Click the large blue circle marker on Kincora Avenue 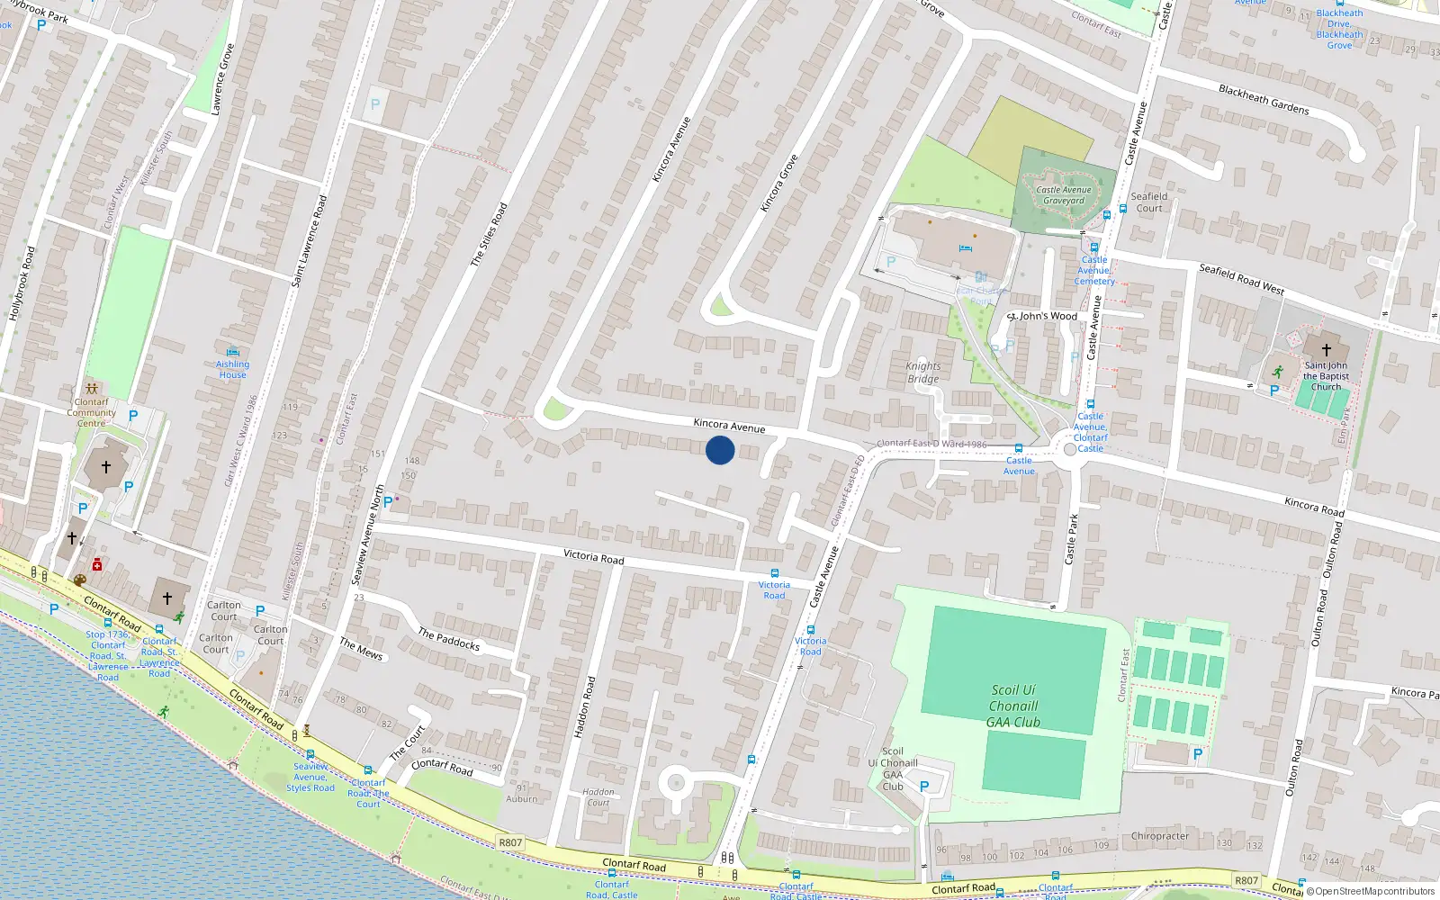click(720, 450)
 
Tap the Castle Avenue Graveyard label click(1063, 195)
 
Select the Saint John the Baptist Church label click(1326, 376)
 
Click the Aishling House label click(232, 369)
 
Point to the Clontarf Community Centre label click(91, 412)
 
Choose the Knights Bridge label click(923, 373)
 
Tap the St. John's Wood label click(1042, 316)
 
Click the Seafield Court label click(1149, 202)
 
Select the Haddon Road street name click(585, 707)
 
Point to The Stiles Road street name click(490, 234)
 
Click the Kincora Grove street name click(779, 184)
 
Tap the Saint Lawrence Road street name click(310, 241)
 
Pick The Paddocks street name click(448, 639)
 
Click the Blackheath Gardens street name click(1264, 99)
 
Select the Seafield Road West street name click(1241, 279)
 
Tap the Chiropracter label click(1160, 836)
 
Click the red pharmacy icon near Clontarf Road click(97, 565)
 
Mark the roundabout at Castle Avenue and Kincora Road click(1070, 448)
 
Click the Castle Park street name click(1071, 539)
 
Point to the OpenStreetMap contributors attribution click(1370, 891)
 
